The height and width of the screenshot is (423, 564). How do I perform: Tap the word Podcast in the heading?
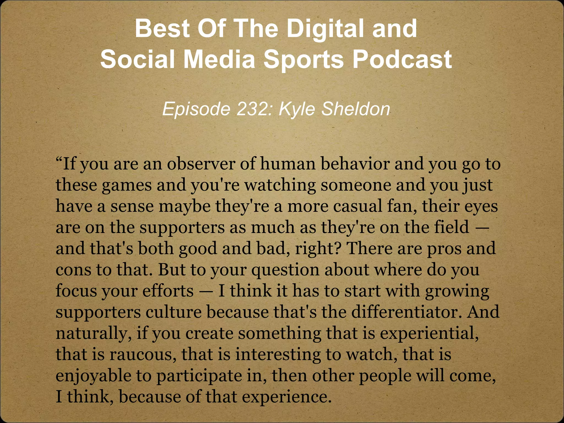click(x=402, y=59)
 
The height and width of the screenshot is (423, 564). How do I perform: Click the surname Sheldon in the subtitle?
click(x=356, y=109)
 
